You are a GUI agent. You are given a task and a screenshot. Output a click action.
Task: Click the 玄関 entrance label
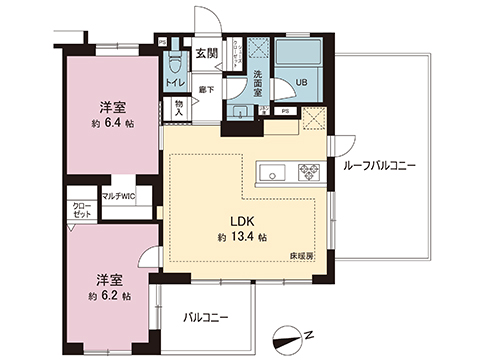click(206, 53)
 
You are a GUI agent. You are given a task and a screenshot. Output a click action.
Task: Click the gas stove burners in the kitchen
click(303, 173)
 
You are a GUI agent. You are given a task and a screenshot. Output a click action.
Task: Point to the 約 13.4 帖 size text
click(241, 238)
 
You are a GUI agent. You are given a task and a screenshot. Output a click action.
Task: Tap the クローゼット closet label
click(80, 212)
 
